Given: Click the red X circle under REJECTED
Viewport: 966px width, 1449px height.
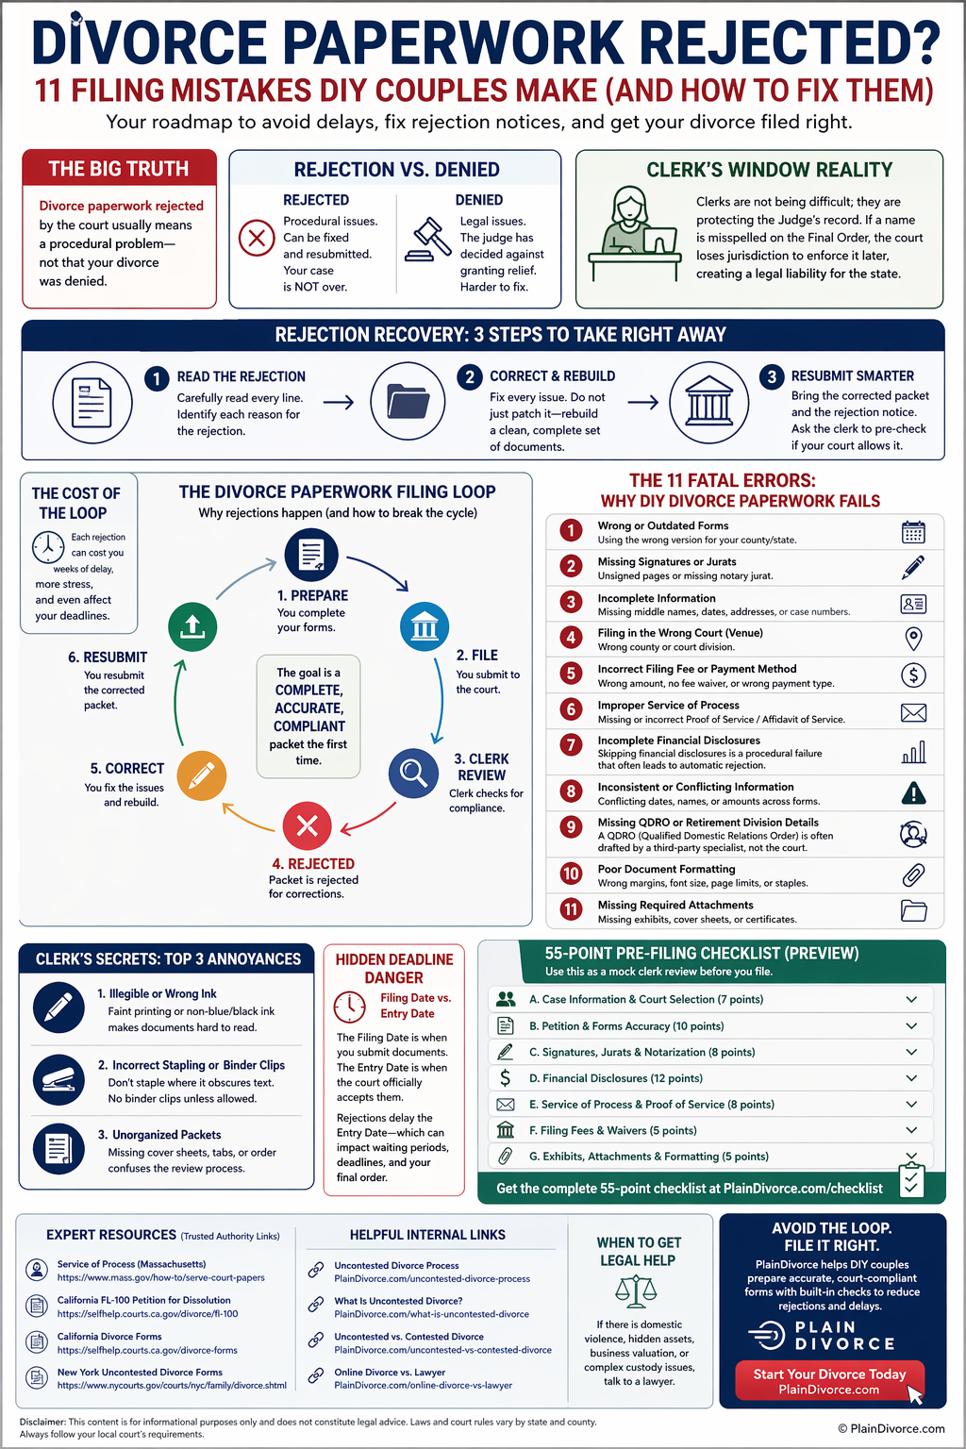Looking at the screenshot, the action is point(257,238).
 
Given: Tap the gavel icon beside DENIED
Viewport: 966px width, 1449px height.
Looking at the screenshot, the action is point(427,239).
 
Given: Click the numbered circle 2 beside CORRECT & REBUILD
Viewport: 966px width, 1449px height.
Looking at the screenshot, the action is point(470,376).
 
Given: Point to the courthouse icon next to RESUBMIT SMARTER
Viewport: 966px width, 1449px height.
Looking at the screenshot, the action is point(709,403).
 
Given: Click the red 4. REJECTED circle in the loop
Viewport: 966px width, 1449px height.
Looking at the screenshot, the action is point(308,826).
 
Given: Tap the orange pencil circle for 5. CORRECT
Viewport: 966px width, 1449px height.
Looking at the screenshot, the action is point(202,776).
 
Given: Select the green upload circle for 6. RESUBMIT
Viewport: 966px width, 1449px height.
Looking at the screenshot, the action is point(192,626).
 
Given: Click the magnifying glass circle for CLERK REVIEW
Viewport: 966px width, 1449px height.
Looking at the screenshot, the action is point(413,773).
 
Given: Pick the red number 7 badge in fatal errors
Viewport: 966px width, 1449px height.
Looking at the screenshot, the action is point(571,745).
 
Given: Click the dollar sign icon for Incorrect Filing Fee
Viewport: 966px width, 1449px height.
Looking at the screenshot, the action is point(913,675).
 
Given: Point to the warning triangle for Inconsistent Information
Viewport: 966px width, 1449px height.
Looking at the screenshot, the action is point(913,793).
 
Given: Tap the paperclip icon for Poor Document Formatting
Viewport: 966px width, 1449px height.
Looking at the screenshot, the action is point(913,875).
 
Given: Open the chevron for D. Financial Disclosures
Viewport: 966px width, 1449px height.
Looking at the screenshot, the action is point(911,1078).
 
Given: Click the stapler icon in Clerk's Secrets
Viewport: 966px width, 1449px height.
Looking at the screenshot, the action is point(58,1079).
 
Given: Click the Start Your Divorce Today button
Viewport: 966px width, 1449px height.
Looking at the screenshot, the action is point(829,1381).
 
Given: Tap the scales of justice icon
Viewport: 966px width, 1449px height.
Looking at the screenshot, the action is point(636,1291).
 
